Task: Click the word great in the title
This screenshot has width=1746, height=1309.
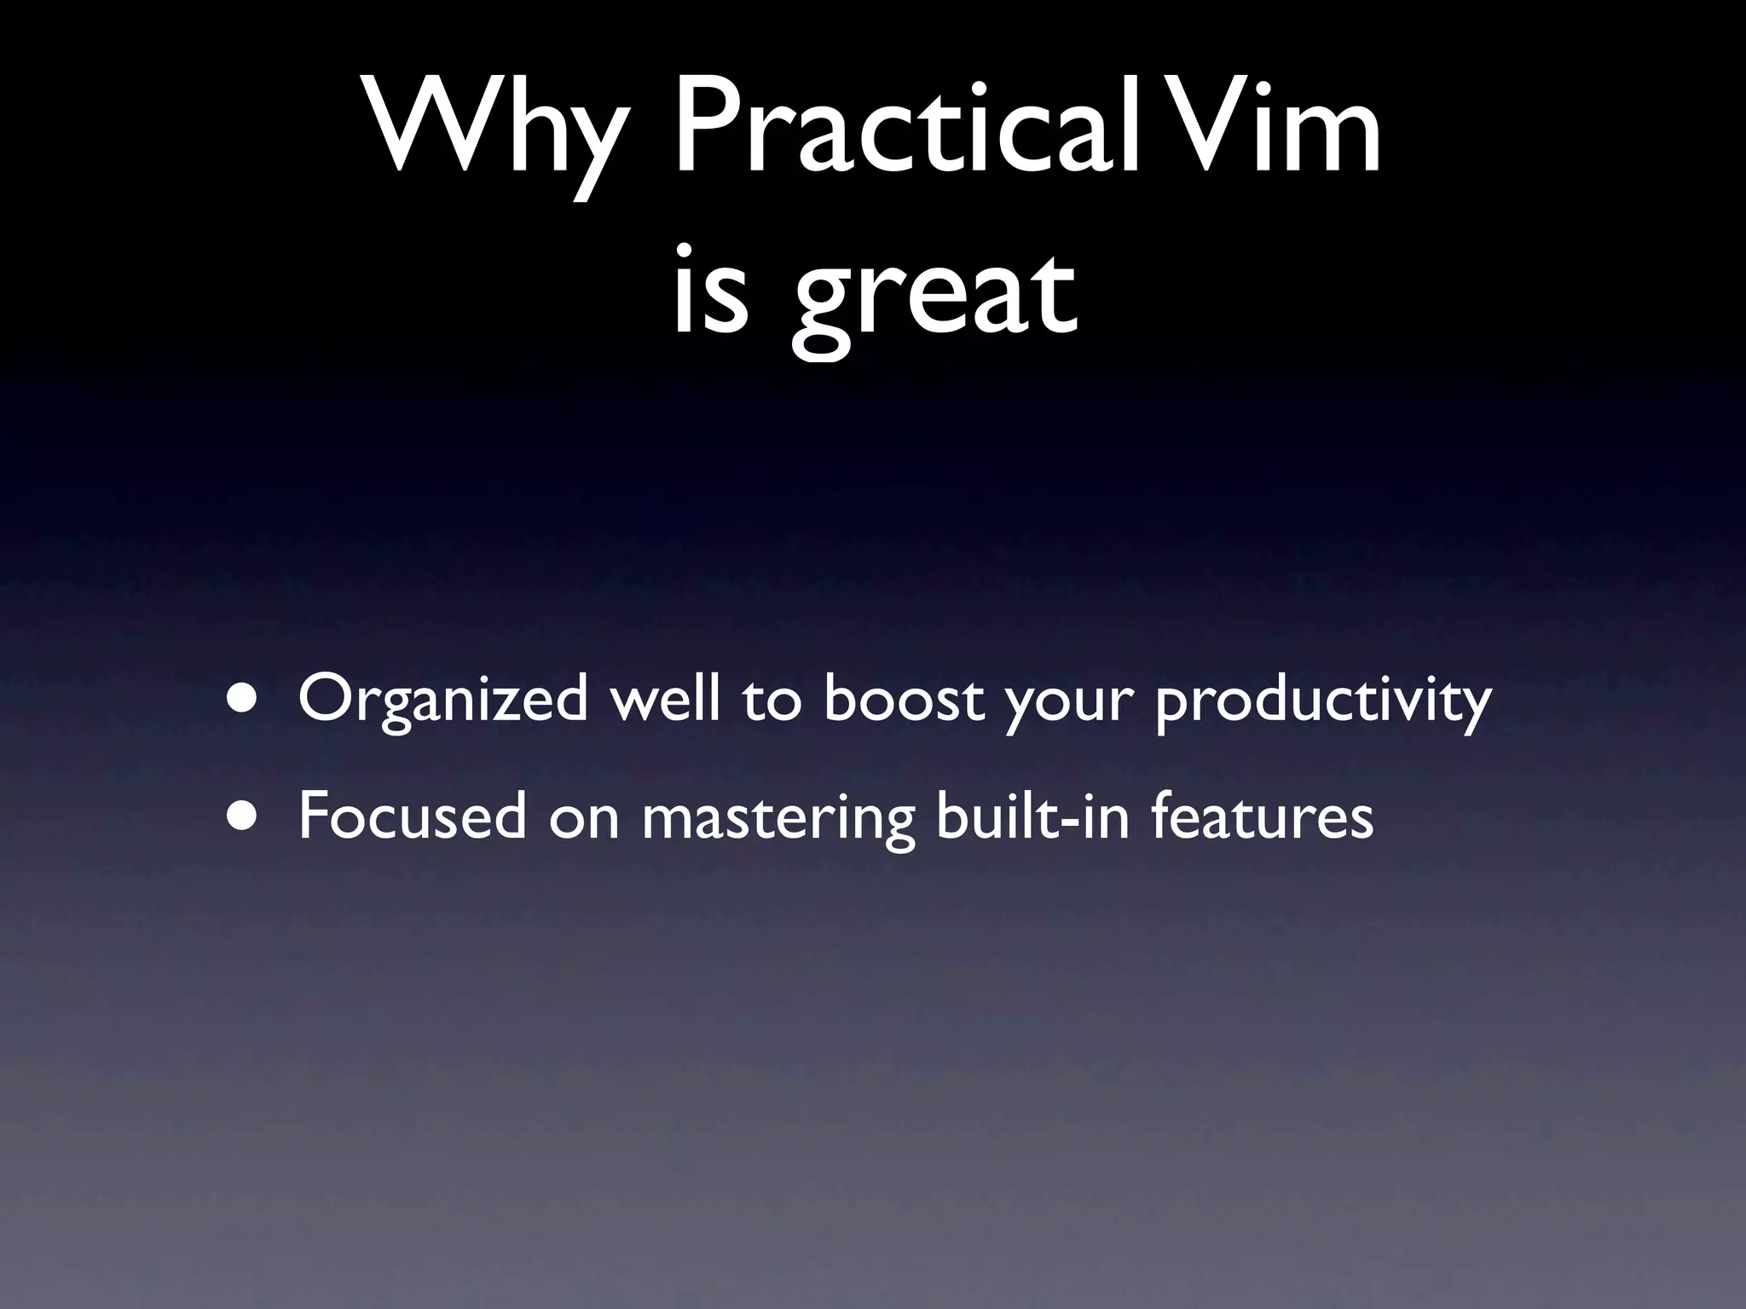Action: pos(934,298)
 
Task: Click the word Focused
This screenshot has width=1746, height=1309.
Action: pos(413,816)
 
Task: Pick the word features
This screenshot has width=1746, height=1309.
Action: pos(1262,816)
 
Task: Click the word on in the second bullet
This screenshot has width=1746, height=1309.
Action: pos(584,820)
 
